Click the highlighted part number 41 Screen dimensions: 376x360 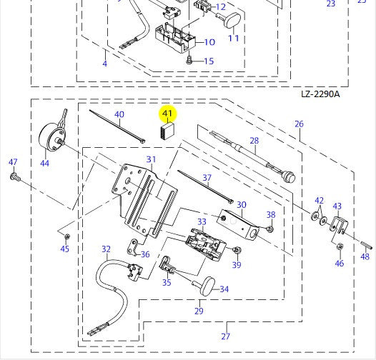pyautogui.click(x=167, y=114)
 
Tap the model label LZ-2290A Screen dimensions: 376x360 pyautogui.click(x=320, y=94)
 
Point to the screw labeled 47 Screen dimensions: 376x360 pyautogui.click(x=15, y=177)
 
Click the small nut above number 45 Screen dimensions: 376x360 pyautogui.click(x=67, y=236)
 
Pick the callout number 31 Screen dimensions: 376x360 pyautogui.click(x=151, y=159)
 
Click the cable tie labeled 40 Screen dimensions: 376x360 pyautogui.click(x=117, y=126)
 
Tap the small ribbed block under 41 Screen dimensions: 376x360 pyautogui.click(x=167, y=131)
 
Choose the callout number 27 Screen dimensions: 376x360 pyautogui.click(x=226, y=336)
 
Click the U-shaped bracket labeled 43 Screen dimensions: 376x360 pyautogui.click(x=338, y=226)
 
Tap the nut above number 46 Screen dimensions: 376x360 pyautogui.click(x=340, y=246)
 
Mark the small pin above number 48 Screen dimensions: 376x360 pyautogui.click(x=366, y=245)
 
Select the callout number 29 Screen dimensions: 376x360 pyautogui.click(x=199, y=311)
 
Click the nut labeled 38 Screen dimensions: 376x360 pyautogui.click(x=270, y=229)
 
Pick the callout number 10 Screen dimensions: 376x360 pyautogui.click(x=210, y=42)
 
